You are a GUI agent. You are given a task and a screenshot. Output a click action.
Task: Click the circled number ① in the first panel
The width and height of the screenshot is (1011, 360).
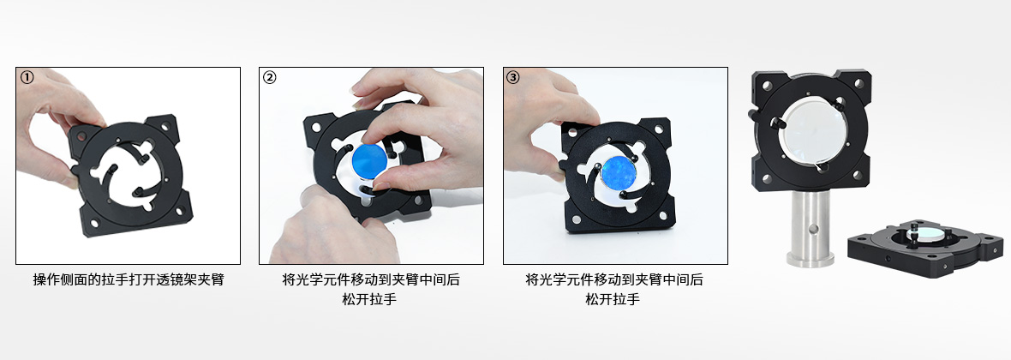point(27,77)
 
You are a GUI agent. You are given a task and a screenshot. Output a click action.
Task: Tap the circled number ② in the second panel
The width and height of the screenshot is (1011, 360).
point(270,77)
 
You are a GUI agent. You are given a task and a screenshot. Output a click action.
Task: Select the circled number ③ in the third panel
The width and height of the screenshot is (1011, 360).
point(512,77)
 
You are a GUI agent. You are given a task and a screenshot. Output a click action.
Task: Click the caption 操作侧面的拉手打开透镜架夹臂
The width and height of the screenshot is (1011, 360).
point(129,280)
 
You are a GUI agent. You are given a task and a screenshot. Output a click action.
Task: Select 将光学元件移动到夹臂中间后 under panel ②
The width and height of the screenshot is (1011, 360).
point(371,280)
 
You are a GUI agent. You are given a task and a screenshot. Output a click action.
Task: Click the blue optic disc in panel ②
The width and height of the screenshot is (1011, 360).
point(369,160)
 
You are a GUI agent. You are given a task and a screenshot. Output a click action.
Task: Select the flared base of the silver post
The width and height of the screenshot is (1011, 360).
point(810,260)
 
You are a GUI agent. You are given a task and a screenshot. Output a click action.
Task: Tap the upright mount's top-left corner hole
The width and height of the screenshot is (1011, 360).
point(768,85)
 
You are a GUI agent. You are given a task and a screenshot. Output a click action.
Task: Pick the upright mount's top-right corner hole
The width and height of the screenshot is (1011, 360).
point(859,85)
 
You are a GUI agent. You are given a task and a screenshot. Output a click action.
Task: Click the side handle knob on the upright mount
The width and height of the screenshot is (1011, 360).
point(753,115)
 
